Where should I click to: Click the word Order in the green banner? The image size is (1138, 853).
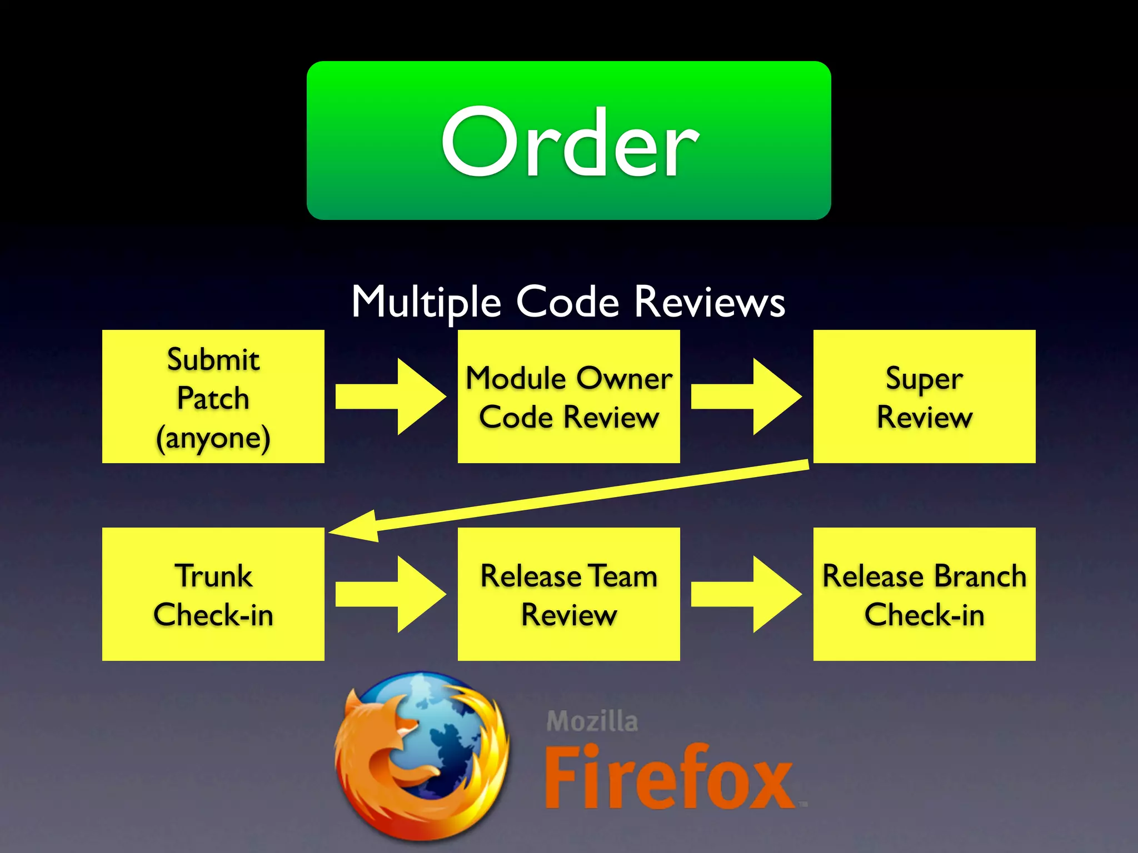(569, 143)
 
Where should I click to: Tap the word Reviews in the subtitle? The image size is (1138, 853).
(710, 302)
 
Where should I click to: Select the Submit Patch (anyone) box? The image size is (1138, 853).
(213, 396)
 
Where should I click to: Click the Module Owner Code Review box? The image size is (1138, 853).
(568, 396)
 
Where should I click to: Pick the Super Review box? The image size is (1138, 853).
(924, 396)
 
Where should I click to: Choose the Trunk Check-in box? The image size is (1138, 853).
(213, 594)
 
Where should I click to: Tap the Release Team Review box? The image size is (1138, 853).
(568, 594)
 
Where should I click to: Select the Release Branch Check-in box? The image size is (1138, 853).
(924, 594)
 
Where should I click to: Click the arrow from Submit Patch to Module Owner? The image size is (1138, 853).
(391, 397)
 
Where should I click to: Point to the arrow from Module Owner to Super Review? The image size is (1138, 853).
(746, 397)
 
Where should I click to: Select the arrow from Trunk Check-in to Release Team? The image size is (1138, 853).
(391, 594)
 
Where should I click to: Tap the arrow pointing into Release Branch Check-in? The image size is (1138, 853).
(746, 594)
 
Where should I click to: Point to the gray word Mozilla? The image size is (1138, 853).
(592, 721)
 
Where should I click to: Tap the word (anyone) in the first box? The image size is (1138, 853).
(213, 438)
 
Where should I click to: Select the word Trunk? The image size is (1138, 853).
(213, 576)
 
